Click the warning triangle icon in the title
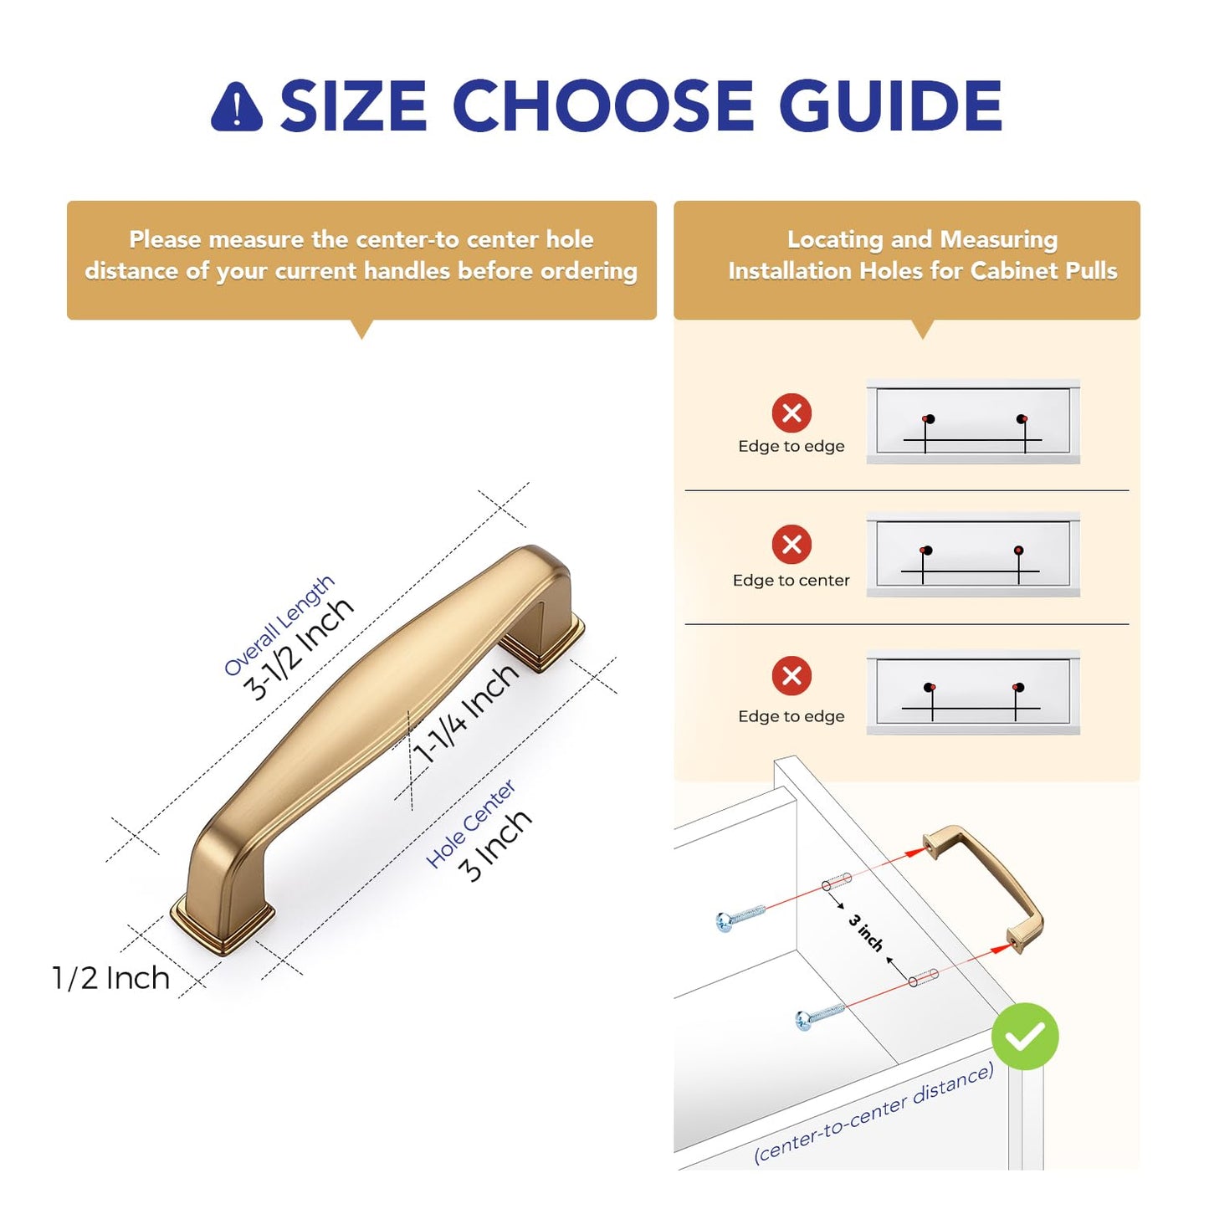click(237, 107)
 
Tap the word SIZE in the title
click(354, 105)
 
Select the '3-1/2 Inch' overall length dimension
click(298, 648)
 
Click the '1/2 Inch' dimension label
click(110, 978)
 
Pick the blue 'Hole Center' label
click(470, 824)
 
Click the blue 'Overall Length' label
click(279, 626)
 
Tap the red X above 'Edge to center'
click(791, 544)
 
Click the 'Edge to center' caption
click(791, 581)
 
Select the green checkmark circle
click(1025, 1036)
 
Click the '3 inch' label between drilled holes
click(865, 933)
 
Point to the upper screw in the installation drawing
click(740, 918)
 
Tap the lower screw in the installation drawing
click(820, 1015)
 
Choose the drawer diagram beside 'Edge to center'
click(972, 555)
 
